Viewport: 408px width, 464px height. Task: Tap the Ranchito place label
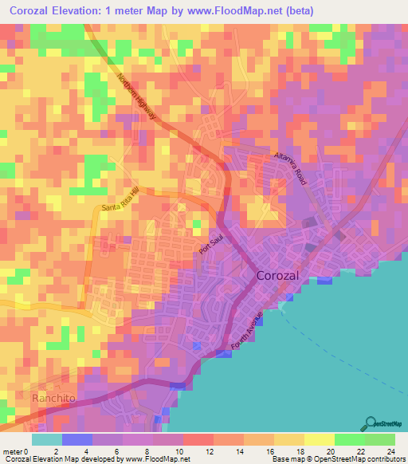(x=53, y=397)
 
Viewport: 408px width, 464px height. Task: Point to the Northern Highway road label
(x=137, y=99)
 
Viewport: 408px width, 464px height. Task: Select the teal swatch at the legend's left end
(x=46, y=439)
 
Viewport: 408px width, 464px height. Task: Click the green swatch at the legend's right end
(x=380, y=439)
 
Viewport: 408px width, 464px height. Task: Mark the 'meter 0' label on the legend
(x=17, y=451)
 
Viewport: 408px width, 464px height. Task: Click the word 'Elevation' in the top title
(x=80, y=11)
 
